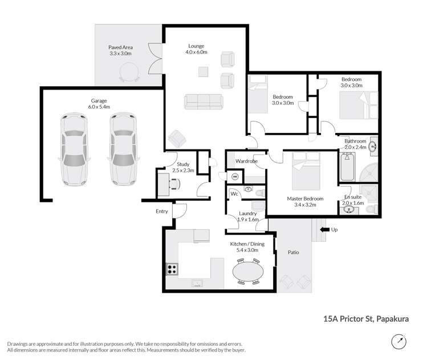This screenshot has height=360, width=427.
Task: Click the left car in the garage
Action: point(74,149)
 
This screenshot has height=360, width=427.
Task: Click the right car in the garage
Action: point(123,149)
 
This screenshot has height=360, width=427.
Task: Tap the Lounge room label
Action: point(196,46)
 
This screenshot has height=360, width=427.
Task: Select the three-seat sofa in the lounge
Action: point(204,102)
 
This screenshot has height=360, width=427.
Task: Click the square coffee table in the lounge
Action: point(203,72)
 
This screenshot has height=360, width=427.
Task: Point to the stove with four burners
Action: point(172,269)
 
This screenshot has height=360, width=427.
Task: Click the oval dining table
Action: point(248,272)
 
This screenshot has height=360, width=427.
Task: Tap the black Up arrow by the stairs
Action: point(324,230)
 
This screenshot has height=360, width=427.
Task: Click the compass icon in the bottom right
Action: point(398,342)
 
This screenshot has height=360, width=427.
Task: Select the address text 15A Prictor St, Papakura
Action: point(366,319)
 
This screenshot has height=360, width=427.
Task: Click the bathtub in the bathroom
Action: point(347,167)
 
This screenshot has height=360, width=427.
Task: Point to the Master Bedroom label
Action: point(305,199)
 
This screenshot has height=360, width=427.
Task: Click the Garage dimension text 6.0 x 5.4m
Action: point(99,107)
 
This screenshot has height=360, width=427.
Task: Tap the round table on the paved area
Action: point(130,72)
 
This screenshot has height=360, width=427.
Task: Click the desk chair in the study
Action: point(175,184)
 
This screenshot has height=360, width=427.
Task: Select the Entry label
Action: point(162,211)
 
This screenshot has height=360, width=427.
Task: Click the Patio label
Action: point(293,252)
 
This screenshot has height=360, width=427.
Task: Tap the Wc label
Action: point(234,193)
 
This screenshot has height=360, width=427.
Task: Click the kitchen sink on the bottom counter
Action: point(197,283)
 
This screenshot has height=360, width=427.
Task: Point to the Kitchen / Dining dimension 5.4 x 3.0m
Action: point(247,250)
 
